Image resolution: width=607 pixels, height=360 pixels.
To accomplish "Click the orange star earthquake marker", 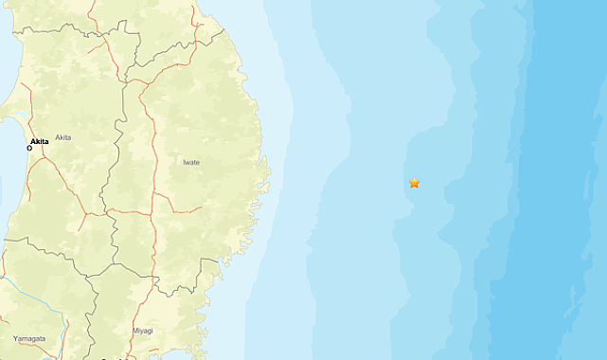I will [x=414, y=183].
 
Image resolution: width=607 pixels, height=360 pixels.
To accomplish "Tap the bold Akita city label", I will [x=40, y=141].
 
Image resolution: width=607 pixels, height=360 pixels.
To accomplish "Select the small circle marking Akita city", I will [x=29, y=148].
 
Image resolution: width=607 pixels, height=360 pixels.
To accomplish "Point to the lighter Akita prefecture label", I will [x=63, y=138].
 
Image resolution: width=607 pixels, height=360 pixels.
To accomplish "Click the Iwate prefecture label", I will [x=191, y=162].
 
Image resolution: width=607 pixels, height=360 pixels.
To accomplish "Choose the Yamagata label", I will [x=28, y=338].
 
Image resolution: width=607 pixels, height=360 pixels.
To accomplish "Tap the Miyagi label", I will [x=145, y=331].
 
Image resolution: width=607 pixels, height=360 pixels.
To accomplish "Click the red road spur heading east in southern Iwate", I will [x=185, y=208].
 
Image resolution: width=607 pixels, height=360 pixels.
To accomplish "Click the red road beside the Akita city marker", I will [x=35, y=152].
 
